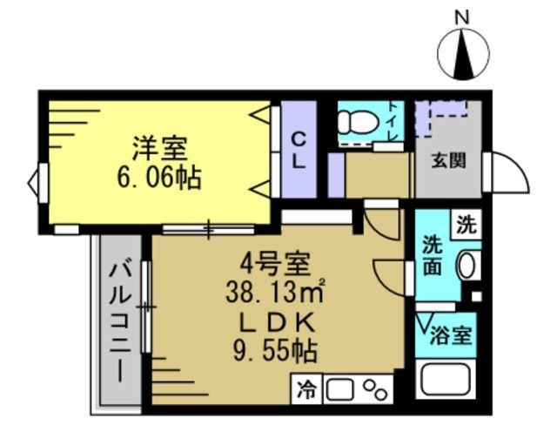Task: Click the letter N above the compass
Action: (463, 16)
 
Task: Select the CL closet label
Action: (298, 152)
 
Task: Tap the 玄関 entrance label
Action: (447, 160)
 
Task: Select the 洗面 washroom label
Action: (433, 256)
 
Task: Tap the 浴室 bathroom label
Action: (453, 335)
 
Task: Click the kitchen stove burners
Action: (374, 388)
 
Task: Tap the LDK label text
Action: (276, 322)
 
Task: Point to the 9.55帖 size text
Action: (276, 352)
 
